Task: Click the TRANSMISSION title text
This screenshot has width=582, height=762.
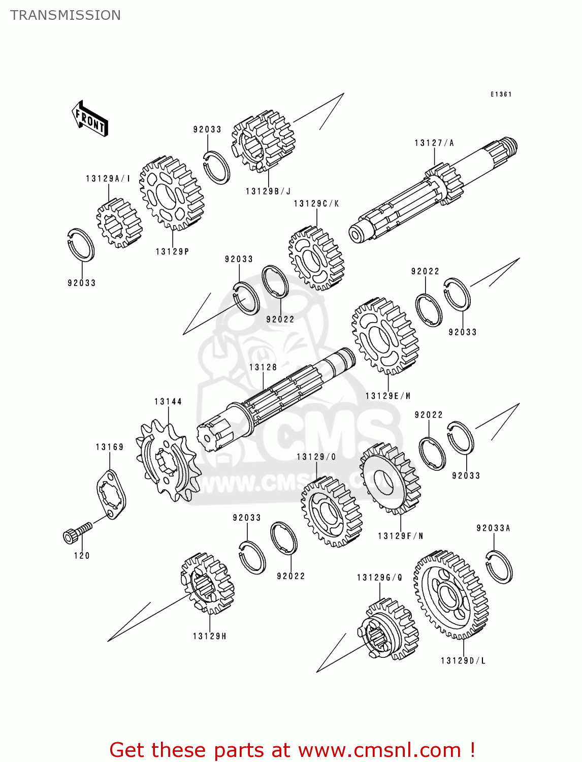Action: click(x=66, y=15)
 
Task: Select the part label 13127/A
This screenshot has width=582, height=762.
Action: click(x=434, y=143)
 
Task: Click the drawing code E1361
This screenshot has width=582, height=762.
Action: click(x=501, y=94)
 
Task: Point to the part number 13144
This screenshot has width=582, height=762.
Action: click(x=168, y=401)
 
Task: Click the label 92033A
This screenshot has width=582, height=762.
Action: click(x=493, y=528)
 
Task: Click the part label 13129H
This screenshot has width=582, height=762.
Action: click(x=209, y=636)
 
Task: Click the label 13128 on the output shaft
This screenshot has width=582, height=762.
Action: click(x=263, y=367)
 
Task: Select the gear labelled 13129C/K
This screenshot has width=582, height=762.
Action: click(x=316, y=258)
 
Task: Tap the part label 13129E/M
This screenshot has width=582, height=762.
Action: click(x=388, y=396)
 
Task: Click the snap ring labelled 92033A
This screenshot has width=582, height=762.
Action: click(x=499, y=566)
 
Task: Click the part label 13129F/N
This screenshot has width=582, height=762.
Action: click(x=400, y=536)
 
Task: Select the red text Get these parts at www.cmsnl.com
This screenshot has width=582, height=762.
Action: click(x=292, y=750)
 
